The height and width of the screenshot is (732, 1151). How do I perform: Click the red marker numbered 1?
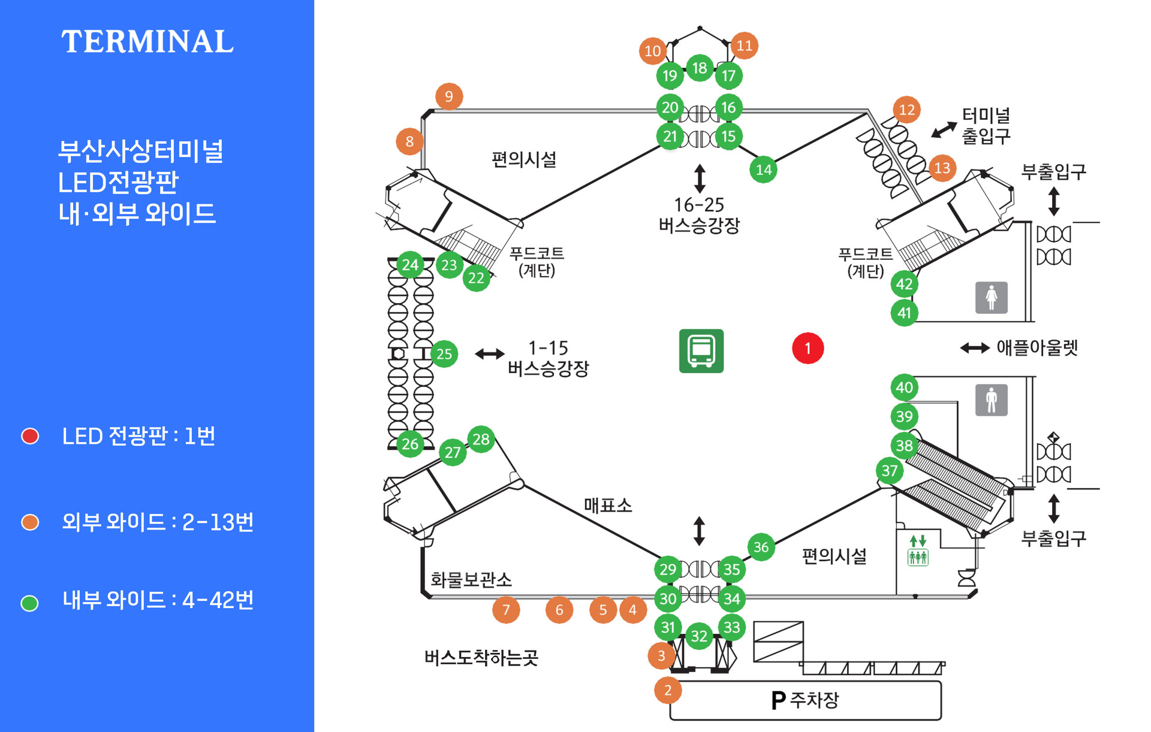[x=807, y=348]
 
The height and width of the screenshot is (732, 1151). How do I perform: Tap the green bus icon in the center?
[x=701, y=351]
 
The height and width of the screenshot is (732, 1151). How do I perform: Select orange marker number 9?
[x=449, y=96]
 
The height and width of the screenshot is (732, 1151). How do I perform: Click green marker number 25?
[x=444, y=354]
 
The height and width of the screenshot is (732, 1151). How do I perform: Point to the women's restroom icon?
[x=991, y=298]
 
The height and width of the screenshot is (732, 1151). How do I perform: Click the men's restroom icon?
[x=991, y=400]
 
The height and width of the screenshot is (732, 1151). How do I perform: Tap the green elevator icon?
[x=918, y=550]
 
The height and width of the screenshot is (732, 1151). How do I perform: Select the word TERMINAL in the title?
[x=147, y=42]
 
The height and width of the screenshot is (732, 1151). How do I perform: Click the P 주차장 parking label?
[x=805, y=700]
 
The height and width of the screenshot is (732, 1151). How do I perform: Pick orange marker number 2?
[x=668, y=690]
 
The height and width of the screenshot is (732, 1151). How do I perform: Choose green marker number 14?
[x=763, y=170]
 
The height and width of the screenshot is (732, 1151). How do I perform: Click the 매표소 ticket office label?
[x=608, y=505]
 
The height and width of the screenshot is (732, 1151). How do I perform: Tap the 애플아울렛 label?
[x=1037, y=347]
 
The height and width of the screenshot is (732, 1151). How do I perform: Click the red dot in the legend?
[x=30, y=436]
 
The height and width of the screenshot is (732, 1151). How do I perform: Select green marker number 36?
[x=761, y=547]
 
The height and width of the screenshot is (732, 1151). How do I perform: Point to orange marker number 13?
[x=942, y=168]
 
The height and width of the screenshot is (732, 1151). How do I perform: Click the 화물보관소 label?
[x=471, y=579]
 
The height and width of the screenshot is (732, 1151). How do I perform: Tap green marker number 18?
[x=700, y=68]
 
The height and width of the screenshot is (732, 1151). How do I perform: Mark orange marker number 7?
[x=506, y=610]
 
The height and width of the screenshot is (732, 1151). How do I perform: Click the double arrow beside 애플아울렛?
[x=975, y=348]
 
